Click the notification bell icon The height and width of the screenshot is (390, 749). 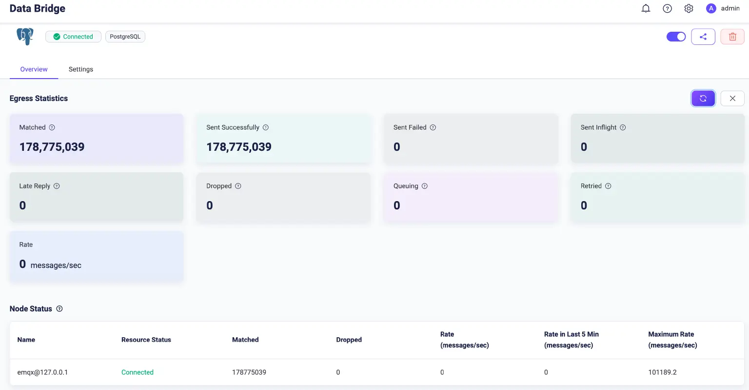pyautogui.click(x=646, y=8)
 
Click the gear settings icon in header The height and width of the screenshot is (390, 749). pyautogui.click(x=689, y=8)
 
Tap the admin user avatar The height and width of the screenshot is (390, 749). pyautogui.click(x=711, y=8)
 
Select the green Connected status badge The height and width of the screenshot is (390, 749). pyautogui.click(x=73, y=37)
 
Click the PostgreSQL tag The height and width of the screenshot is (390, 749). pyautogui.click(x=125, y=37)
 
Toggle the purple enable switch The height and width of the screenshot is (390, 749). pyautogui.click(x=676, y=37)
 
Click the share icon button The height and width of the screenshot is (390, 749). pyautogui.click(x=703, y=37)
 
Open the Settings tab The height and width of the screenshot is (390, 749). pyautogui.click(x=81, y=69)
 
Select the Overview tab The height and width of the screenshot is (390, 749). pyautogui.click(x=34, y=69)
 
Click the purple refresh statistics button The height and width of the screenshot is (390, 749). pyautogui.click(x=703, y=98)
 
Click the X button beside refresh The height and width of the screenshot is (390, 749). pyautogui.click(x=732, y=98)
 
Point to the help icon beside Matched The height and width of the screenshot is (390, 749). pyautogui.click(x=52, y=127)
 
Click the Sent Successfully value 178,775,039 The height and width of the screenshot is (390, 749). pyautogui.click(x=239, y=147)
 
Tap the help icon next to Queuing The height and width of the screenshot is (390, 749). pyautogui.click(x=425, y=186)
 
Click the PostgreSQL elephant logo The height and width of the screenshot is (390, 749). pyautogui.click(x=25, y=36)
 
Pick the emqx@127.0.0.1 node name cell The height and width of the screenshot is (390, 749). pyautogui.click(x=43, y=372)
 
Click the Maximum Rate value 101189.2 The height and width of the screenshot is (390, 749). pyautogui.click(x=662, y=372)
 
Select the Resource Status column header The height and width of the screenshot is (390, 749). pyautogui.click(x=146, y=340)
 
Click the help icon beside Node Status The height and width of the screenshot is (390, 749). pyautogui.click(x=59, y=308)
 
